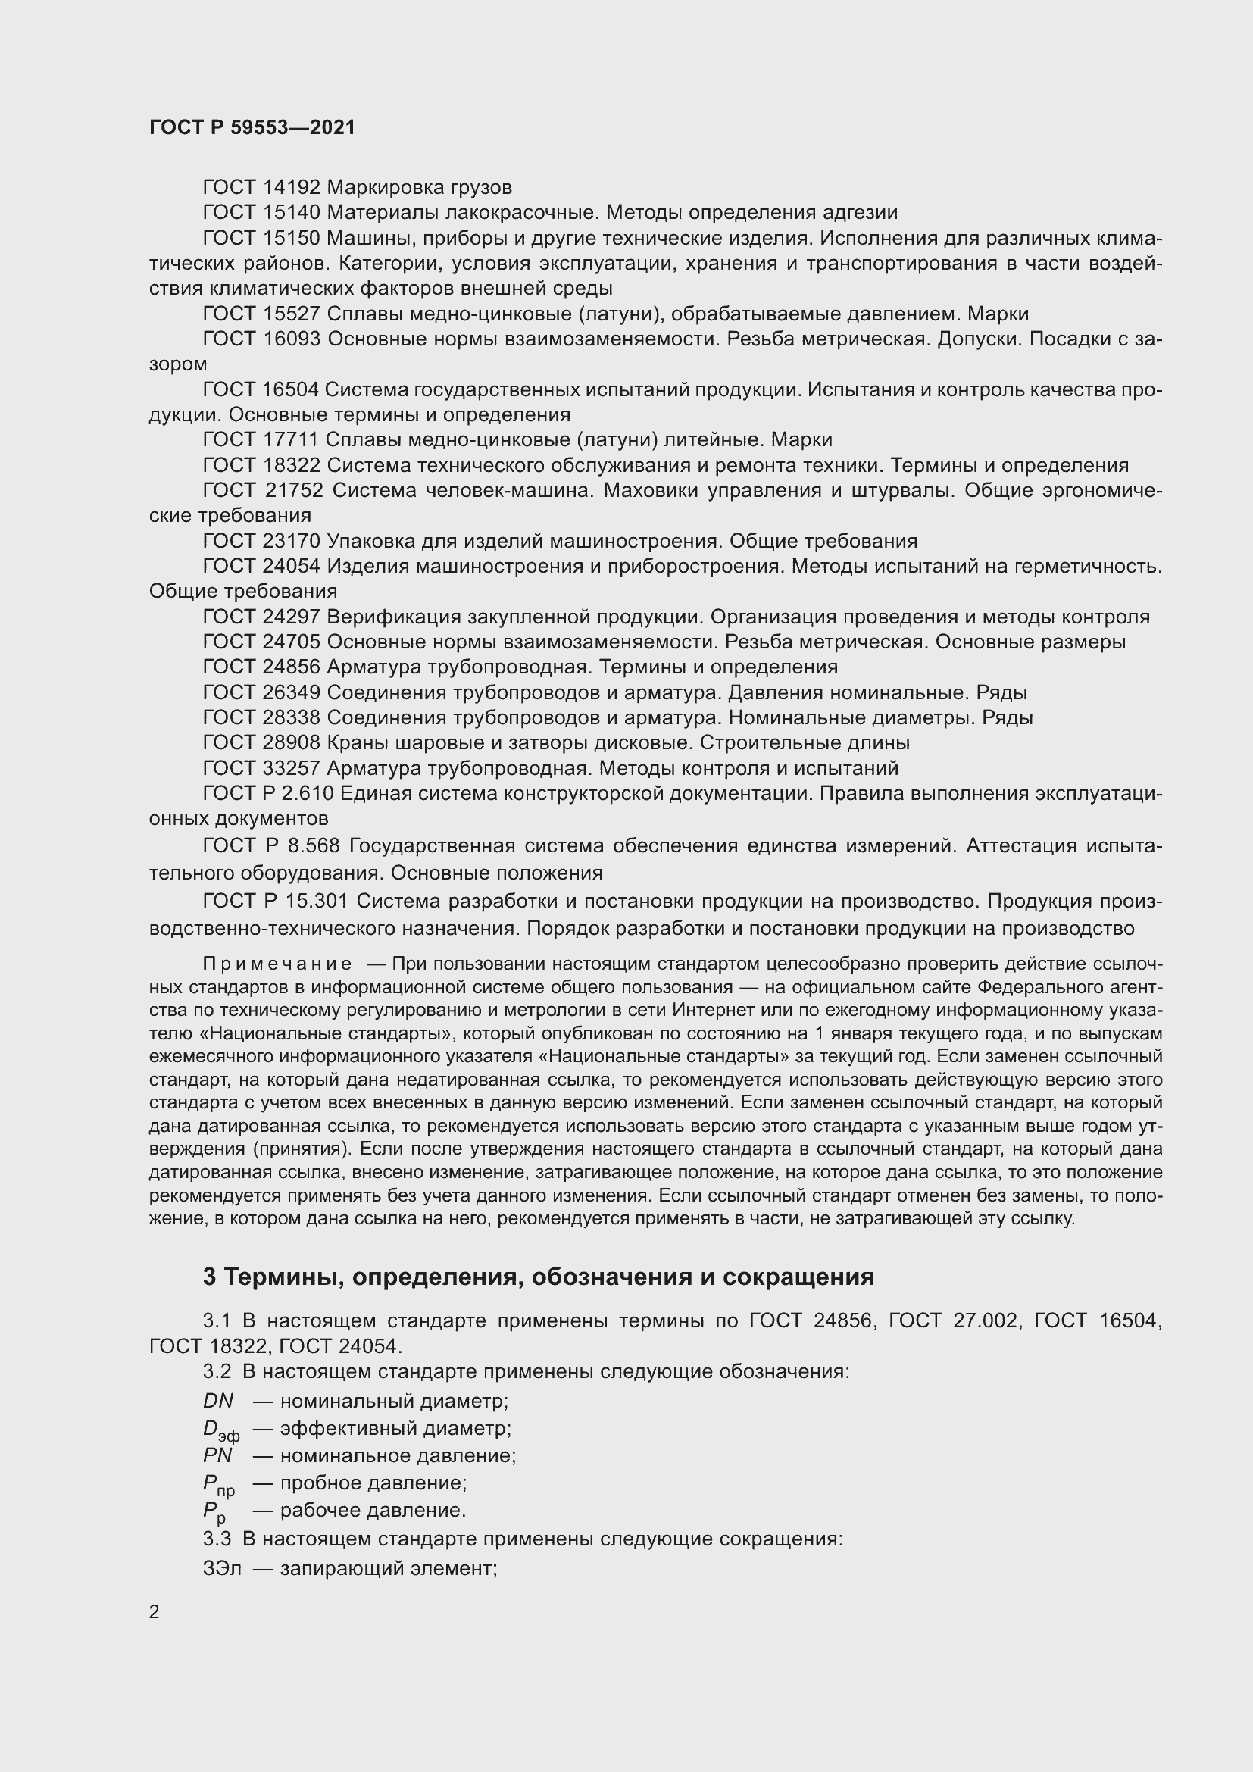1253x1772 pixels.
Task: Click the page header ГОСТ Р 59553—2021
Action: coord(252,127)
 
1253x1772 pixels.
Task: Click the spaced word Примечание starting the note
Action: coord(277,964)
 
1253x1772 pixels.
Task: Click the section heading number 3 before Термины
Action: coord(209,1277)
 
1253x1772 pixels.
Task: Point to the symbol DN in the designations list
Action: coord(217,1401)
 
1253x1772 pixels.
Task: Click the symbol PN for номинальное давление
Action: coord(217,1455)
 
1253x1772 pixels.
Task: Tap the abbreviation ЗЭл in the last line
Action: coord(221,1568)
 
